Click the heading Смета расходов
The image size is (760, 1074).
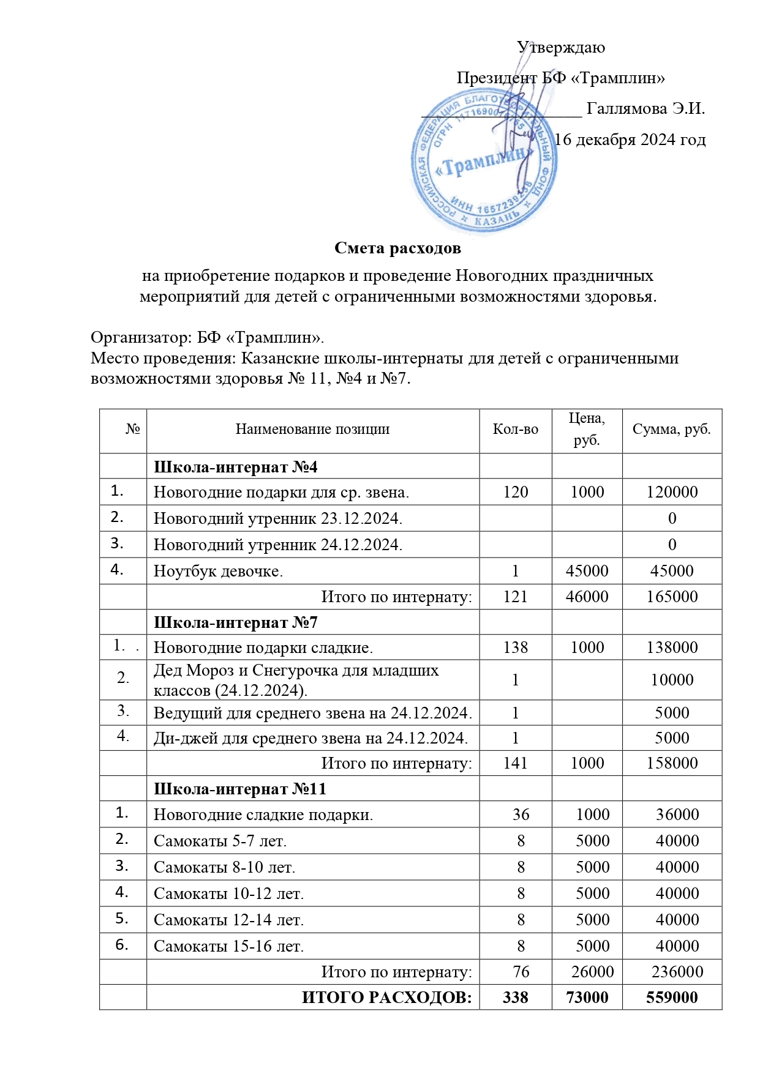[x=397, y=248]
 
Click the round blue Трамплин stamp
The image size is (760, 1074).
[x=484, y=161]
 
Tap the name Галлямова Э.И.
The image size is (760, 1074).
[x=645, y=109]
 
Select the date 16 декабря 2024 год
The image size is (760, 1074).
[x=630, y=140]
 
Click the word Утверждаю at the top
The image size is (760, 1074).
[x=560, y=48]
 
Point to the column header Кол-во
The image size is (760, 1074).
[x=515, y=430]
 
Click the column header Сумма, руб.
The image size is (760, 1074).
[x=671, y=430]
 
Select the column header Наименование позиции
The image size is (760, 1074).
[x=312, y=430]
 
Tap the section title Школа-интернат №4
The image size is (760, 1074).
[x=235, y=468]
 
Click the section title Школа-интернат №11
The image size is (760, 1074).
[x=239, y=789]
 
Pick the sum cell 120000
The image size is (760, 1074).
[x=672, y=493]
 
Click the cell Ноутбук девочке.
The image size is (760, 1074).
[x=218, y=571]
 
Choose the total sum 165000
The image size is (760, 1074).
[x=672, y=597]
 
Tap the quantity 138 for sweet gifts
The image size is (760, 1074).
[x=515, y=647]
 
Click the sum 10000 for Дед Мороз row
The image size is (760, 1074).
[x=672, y=680]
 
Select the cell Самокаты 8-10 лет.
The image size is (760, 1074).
[x=224, y=867]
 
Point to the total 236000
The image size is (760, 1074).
[x=677, y=972]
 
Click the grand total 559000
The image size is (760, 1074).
[x=672, y=998]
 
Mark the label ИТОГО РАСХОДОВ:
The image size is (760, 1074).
[x=386, y=998]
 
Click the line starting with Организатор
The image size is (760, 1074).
[x=207, y=338]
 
